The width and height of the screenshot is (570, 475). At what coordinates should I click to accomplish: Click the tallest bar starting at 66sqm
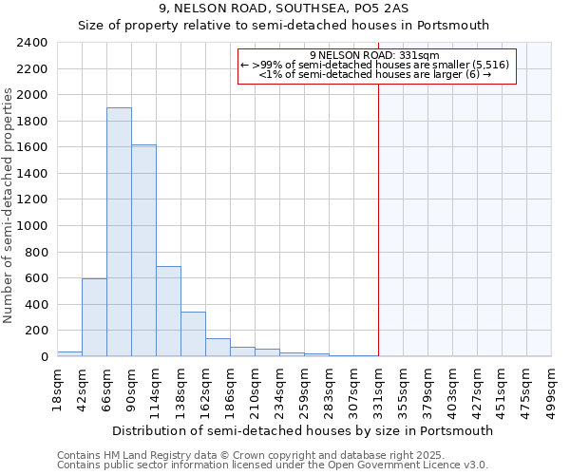click(119, 233)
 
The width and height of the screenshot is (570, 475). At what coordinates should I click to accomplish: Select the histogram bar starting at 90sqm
click(143, 251)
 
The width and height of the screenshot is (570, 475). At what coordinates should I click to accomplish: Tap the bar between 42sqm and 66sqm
click(94, 317)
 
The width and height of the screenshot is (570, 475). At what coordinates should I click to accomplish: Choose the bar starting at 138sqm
click(193, 334)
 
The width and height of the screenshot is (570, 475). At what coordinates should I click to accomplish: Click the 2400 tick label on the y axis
click(31, 44)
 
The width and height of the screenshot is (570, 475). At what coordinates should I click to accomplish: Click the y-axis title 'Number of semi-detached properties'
click(9, 205)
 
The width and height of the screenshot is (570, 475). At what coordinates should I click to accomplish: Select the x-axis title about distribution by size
click(304, 430)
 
